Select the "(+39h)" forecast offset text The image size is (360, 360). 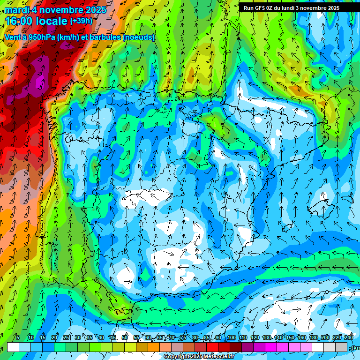tap(81, 21)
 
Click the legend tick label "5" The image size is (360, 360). tap(18, 337)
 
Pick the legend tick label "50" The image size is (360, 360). tap(125, 337)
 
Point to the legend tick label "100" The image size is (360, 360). tap(232, 337)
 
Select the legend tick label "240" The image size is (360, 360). tap(349, 337)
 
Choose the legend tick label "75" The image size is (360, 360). tap(183, 337)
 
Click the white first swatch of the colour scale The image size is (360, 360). tap(13, 347)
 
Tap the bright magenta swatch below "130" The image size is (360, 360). tap(270, 347)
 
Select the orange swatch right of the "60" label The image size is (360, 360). tap(154, 347)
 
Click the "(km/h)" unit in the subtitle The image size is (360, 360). tap(70, 37)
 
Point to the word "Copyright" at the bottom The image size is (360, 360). tap(177, 357)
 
